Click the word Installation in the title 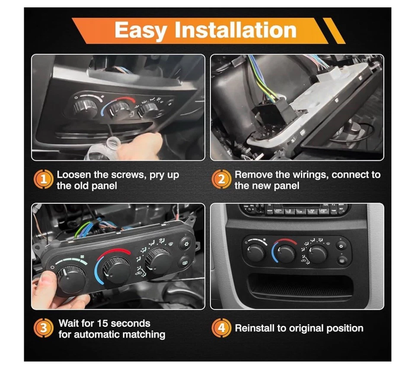click(x=235, y=31)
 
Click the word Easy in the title click(x=141, y=31)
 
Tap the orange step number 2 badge click(x=221, y=179)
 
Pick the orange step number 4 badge click(x=221, y=328)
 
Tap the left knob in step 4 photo click(x=256, y=252)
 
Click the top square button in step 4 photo click(x=342, y=246)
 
